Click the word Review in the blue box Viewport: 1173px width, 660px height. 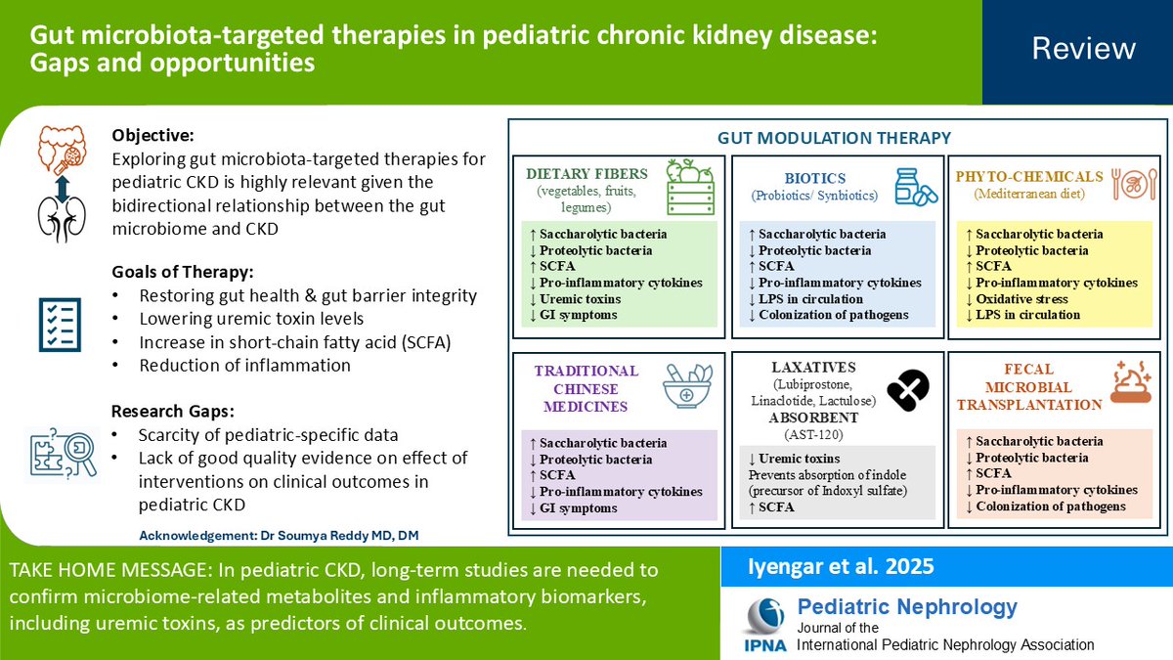pyautogui.click(x=1083, y=49)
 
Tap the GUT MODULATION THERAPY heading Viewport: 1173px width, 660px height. pyautogui.click(x=834, y=138)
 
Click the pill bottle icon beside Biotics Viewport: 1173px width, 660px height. pyautogui.click(x=916, y=187)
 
